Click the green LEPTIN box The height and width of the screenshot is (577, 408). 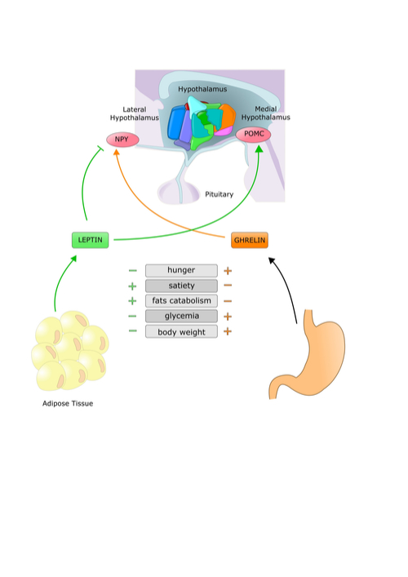(x=90, y=240)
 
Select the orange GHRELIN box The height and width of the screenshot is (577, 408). (x=250, y=240)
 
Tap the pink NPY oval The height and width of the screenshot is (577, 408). (x=122, y=140)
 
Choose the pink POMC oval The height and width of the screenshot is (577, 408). (x=253, y=135)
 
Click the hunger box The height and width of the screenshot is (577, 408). (x=181, y=270)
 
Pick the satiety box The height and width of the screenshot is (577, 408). (x=181, y=286)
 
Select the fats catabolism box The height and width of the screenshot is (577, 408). (x=181, y=301)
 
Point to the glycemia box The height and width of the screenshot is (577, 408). (x=181, y=316)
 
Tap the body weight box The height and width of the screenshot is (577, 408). (x=181, y=331)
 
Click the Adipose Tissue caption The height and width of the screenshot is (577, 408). (x=68, y=404)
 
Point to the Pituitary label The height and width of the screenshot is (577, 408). (x=220, y=194)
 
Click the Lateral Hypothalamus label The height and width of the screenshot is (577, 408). (x=135, y=113)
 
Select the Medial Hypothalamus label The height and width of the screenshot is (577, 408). (x=266, y=113)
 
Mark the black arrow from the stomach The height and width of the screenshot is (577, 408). (x=288, y=286)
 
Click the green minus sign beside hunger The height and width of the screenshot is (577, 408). (x=133, y=271)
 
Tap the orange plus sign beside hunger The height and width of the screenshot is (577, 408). (x=228, y=271)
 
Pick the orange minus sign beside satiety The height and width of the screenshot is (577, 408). (x=228, y=286)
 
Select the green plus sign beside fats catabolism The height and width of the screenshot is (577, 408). (x=132, y=301)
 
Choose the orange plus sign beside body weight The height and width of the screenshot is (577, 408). (x=228, y=331)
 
